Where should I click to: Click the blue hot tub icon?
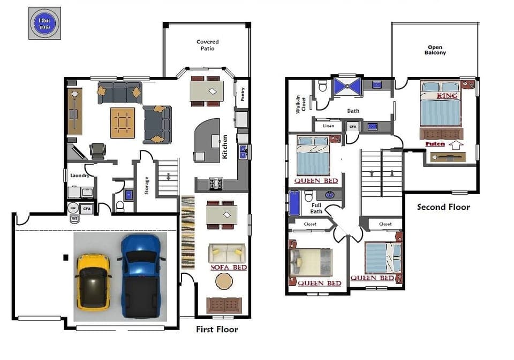pos(44,23)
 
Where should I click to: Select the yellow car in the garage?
pos(93,281)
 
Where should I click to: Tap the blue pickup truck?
pos(141,275)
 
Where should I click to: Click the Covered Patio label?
pos(207,45)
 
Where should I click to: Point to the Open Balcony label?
pos(435,50)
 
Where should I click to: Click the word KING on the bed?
pos(448,96)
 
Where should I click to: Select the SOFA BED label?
pos(229,267)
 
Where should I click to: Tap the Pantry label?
pos(243,95)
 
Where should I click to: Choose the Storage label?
pos(146,186)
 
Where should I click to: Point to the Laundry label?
pos(79,175)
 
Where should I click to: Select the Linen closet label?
pos(328,126)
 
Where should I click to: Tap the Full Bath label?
pos(316,208)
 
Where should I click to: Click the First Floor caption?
pos(217,329)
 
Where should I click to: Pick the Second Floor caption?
pos(443,207)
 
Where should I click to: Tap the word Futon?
pos(435,144)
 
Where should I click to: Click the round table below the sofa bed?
pos(224,281)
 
